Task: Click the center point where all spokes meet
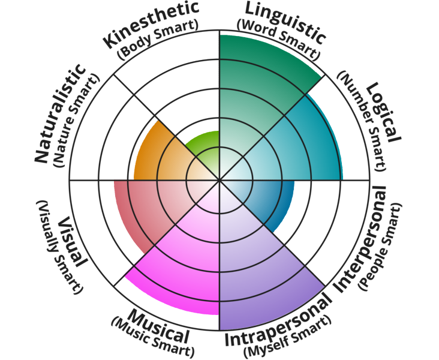click(x=220, y=180)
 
